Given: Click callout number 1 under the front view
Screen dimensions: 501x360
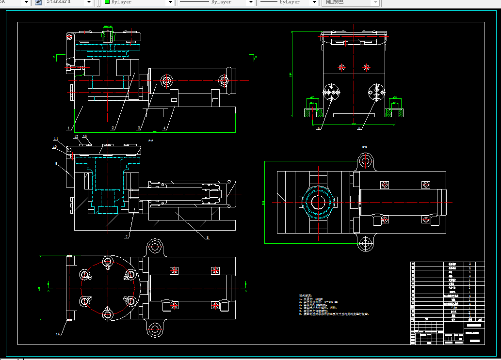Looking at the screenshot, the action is [69, 129].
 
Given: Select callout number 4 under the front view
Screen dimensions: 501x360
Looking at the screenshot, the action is [164, 128].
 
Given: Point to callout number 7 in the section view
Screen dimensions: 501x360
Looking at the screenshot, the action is [127, 236].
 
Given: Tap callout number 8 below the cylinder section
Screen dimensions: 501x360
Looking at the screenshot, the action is [208, 237].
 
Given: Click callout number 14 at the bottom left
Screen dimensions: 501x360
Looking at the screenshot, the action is [58, 334].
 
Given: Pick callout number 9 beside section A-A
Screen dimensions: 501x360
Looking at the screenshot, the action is [56, 164].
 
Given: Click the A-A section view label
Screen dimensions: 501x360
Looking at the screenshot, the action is [150, 141].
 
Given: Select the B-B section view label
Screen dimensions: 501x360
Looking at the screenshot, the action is [364, 146].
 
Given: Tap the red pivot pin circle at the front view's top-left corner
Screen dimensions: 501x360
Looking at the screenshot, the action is [70, 36].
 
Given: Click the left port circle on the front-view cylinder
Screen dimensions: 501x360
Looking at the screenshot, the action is [167, 80].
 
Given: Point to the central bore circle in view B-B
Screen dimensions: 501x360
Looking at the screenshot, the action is [318, 203].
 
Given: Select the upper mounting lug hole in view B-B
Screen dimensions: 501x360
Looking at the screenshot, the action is [366, 160].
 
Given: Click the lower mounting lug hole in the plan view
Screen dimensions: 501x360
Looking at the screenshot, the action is [155, 330].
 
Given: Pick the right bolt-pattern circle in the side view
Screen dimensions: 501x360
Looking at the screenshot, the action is [376, 93].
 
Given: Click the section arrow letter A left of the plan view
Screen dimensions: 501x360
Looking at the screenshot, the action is [48, 291].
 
